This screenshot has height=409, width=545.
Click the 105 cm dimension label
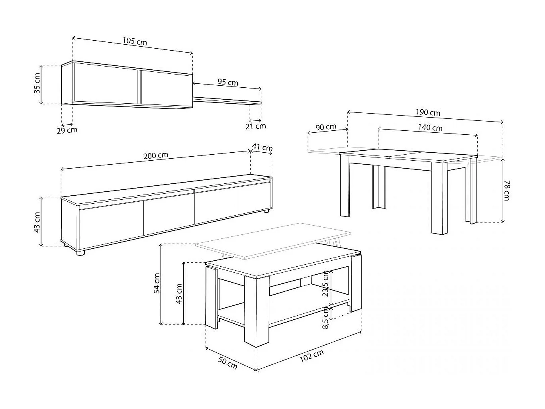tap(135, 41)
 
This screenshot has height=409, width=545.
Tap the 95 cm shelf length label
tap(227, 82)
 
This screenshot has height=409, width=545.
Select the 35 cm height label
tap(37, 83)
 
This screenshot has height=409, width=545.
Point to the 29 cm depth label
tap(67, 130)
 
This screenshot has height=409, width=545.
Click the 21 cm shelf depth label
tap(255, 126)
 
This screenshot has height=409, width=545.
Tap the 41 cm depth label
tap(263, 147)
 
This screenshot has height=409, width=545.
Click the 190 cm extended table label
tap(428, 112)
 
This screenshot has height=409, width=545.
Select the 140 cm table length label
tap(430, 128)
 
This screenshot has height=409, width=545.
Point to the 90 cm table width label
tap(325, 127)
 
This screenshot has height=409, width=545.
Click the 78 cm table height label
tap(506, 190)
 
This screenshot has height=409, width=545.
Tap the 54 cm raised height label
tap(157, 283)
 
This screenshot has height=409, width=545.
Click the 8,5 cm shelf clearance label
tap(325, 318)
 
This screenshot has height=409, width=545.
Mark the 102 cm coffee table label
tap(311, 355)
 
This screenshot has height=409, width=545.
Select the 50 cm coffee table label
tap(227, 363)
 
